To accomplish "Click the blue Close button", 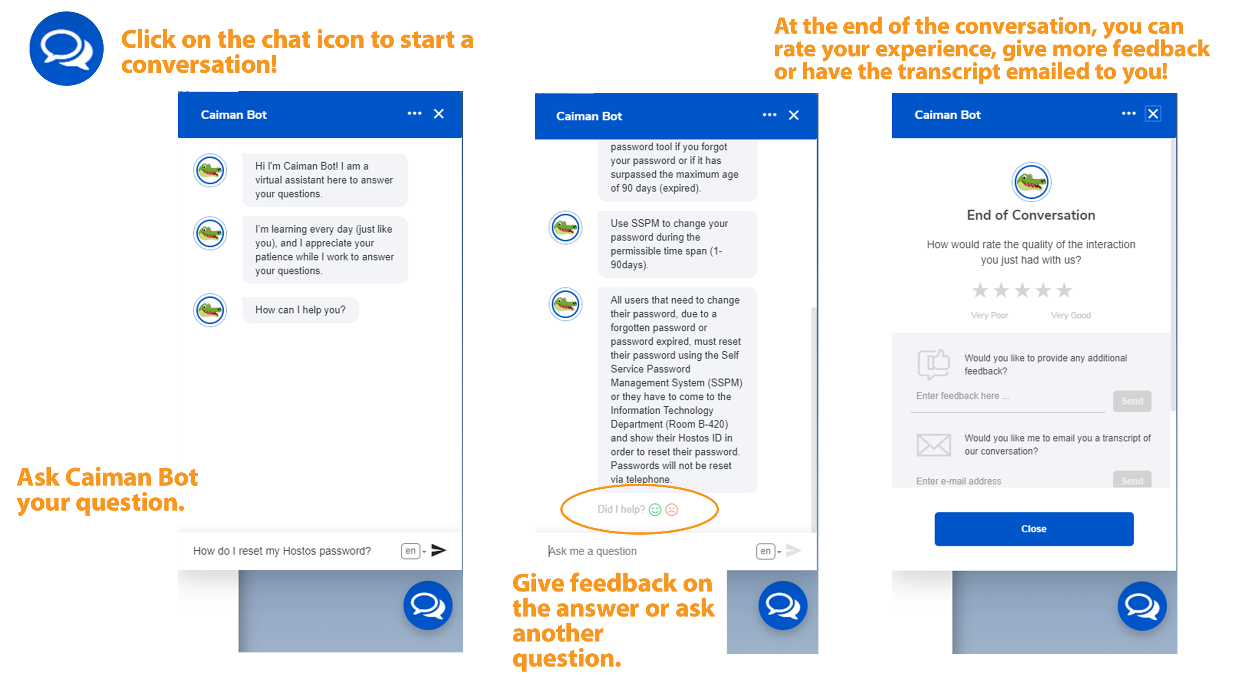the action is click(1034, 529).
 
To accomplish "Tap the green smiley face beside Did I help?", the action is click(655, 509).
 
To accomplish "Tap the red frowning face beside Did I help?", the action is click(672, 509).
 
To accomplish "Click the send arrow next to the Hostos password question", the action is click(438, 550).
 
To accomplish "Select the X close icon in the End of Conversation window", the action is click(1153, 114).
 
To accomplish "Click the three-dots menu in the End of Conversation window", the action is click(1128, 113).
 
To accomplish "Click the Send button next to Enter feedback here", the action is click(1132, 401).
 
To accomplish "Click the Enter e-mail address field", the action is click(1008, 481).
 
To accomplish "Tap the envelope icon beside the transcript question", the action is click(933, 444).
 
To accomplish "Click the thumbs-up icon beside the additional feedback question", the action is click(933, 364).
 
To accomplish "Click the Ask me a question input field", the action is click(646, 551).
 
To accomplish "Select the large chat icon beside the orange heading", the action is click(66, 49).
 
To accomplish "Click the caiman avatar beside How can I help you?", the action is click(210, 310).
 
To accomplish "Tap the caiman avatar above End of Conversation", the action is click(1031, 182).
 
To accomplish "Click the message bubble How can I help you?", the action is click(300, 310).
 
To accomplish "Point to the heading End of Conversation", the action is click(1031, 215).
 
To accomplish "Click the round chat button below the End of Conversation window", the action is click(1142, 606).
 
